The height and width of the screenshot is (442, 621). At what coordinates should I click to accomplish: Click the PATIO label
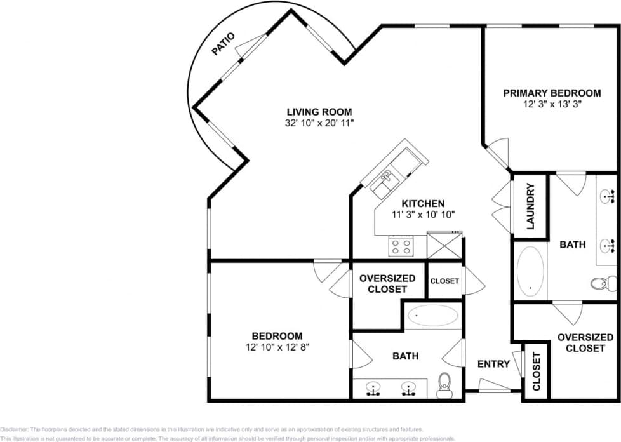point(224,45)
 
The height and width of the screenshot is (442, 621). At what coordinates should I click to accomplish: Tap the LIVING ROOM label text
point(318,112)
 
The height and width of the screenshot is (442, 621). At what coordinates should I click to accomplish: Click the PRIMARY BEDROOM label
point(551,93)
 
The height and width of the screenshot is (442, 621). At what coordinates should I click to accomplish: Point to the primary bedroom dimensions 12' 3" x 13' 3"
point(551,104)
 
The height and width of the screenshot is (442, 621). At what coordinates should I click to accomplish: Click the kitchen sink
point(384,185)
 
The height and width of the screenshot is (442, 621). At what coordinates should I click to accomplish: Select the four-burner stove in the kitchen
point(401,246)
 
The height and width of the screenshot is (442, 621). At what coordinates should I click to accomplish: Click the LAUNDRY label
point(531,206)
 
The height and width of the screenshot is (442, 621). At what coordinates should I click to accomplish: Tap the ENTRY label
point(493,364)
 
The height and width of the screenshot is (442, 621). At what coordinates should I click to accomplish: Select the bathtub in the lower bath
point(432,315)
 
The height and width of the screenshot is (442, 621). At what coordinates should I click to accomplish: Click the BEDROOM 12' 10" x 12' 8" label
point(277,341)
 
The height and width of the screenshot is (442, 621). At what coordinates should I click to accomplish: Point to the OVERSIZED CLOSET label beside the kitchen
point(387,283)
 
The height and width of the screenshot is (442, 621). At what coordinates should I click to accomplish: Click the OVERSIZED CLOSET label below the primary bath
point(585,343)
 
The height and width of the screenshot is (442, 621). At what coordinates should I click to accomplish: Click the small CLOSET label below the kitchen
point(444,281)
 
